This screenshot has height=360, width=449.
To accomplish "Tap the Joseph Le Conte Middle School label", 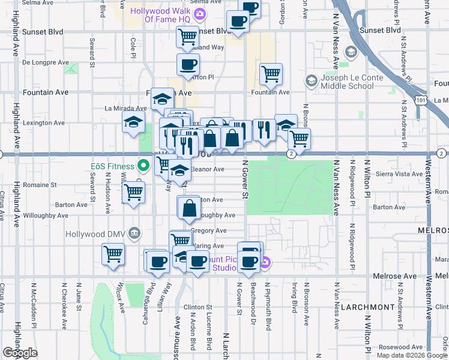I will point(347,82).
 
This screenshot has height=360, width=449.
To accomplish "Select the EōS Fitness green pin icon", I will point(142,165).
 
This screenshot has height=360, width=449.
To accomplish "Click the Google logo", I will point(20,353).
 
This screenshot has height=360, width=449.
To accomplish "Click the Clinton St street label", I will point(198,307).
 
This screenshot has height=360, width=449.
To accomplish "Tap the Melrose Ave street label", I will point(398,276).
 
